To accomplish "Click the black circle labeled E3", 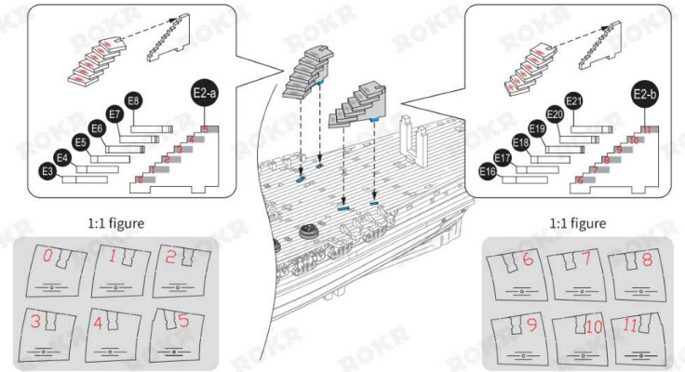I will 47,171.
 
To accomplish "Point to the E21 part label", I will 573,101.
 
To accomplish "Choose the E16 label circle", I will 487,172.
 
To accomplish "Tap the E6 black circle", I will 96,129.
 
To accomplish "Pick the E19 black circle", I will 537,129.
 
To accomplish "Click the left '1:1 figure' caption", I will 116,223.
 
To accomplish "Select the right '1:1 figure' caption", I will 578,223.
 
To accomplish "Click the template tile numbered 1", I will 114,272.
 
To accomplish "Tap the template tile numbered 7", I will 576,272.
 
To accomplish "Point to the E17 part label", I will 503,158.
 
